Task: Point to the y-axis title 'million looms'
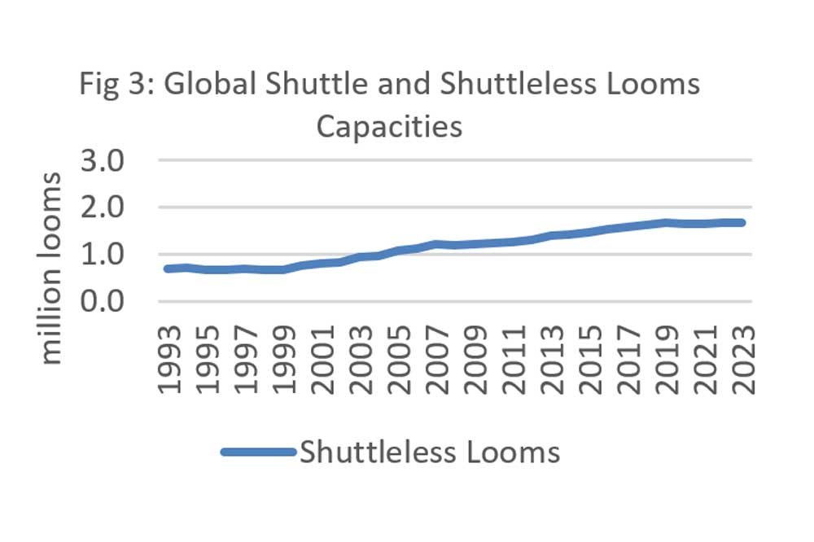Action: pos(50,269)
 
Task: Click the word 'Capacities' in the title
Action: pos(389,127)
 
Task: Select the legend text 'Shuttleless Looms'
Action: pos(430,452)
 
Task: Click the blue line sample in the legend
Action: pos(258,452)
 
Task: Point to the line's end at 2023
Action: pos(742,222)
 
